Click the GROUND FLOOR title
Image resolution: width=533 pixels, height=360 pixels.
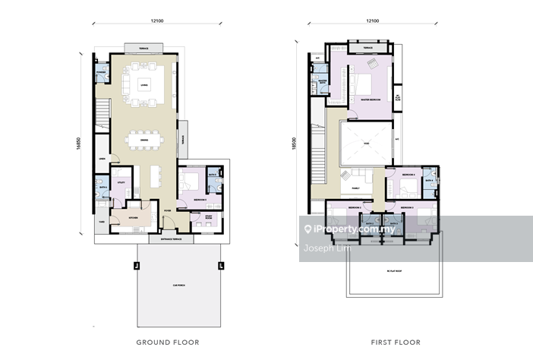pyautogui.click(x=167, y=343)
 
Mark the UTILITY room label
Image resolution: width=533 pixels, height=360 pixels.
pyautogui.click(x=121, y=183)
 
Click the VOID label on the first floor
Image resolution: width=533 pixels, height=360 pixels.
pyautogui.click(x=365, y=144)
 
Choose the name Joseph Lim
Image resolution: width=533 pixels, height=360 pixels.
pyautogui.click(x=321, y=246)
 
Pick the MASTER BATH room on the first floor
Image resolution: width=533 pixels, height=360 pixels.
pyautogui.click(x=323, y=84)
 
